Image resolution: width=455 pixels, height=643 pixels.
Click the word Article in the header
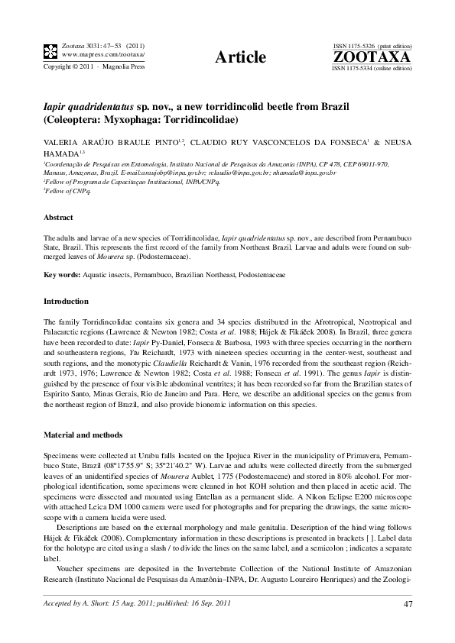pos(241,57)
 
